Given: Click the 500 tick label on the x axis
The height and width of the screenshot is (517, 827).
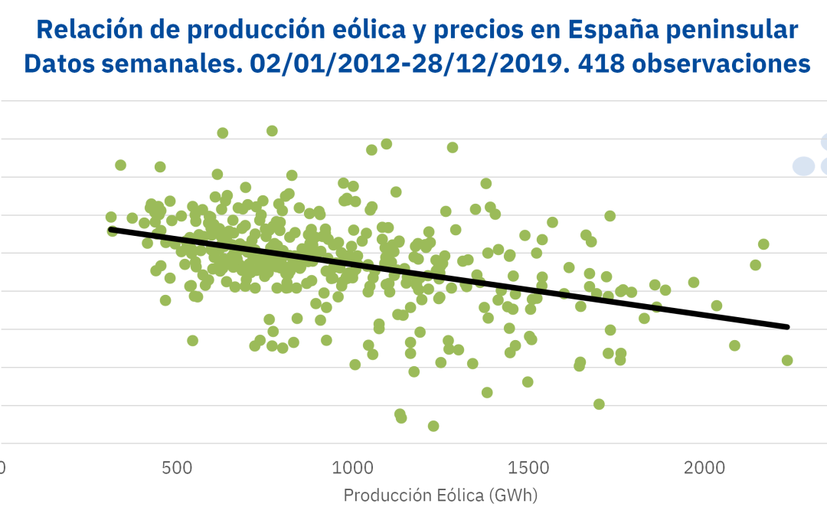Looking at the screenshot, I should point(177,467).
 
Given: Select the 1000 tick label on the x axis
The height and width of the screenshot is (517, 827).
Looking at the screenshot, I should point(353,467).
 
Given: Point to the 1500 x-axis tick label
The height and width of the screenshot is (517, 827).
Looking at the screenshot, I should point(528,467).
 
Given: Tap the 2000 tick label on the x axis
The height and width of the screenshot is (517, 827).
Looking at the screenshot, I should point(704,467).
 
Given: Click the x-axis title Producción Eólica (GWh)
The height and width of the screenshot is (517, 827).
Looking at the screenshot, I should point(440,496).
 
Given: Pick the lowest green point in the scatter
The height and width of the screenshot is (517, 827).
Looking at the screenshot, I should point(433,426).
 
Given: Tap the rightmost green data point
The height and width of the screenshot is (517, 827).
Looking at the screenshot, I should point(787,360).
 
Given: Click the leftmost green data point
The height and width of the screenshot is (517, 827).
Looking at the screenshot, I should point(111,218).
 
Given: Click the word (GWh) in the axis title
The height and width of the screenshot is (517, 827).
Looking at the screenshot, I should point(515,496).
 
